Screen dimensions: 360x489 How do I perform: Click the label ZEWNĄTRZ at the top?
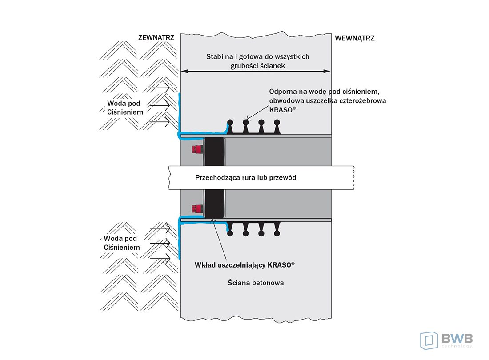coord(156,39)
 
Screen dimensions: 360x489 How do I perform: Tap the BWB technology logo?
coord(446,340)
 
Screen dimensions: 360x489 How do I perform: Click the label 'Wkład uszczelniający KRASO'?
coord(244,265)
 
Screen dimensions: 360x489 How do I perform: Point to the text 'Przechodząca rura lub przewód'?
coord(246,177)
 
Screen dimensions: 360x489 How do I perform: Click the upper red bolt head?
coord(195,148)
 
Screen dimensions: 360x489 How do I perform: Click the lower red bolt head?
coord(195,208)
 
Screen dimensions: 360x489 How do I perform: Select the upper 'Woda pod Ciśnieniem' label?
coord(125,108)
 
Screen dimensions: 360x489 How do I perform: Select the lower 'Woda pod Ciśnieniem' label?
coord(122,243)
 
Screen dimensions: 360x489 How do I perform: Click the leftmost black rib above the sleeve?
coord(230,126)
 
